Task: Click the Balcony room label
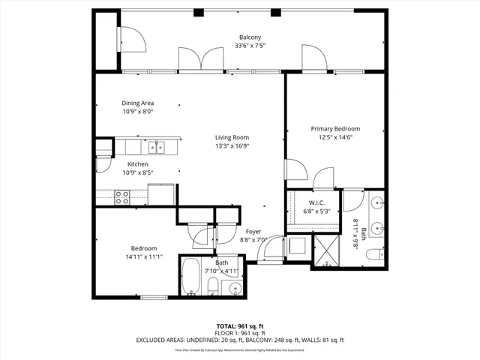click(250, 37)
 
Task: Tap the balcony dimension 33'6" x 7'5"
click(250, 46)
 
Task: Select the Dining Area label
click(139, 103)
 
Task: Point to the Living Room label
click(232, 137)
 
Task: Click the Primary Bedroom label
click(335, 128)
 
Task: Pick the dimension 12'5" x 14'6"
click(335, 137)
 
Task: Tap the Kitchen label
click(137, 164)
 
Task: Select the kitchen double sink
click(156, 146)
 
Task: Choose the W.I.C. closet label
click(316, 203)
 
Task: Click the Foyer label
click(253, 232)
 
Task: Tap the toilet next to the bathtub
click(212, 286)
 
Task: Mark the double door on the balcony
click(199, 58)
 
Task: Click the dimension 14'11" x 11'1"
click(144, 257)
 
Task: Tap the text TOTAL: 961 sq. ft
click(239, 325)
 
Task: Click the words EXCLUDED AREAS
click(161, 340)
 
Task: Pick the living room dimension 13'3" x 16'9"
click(232, 146)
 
